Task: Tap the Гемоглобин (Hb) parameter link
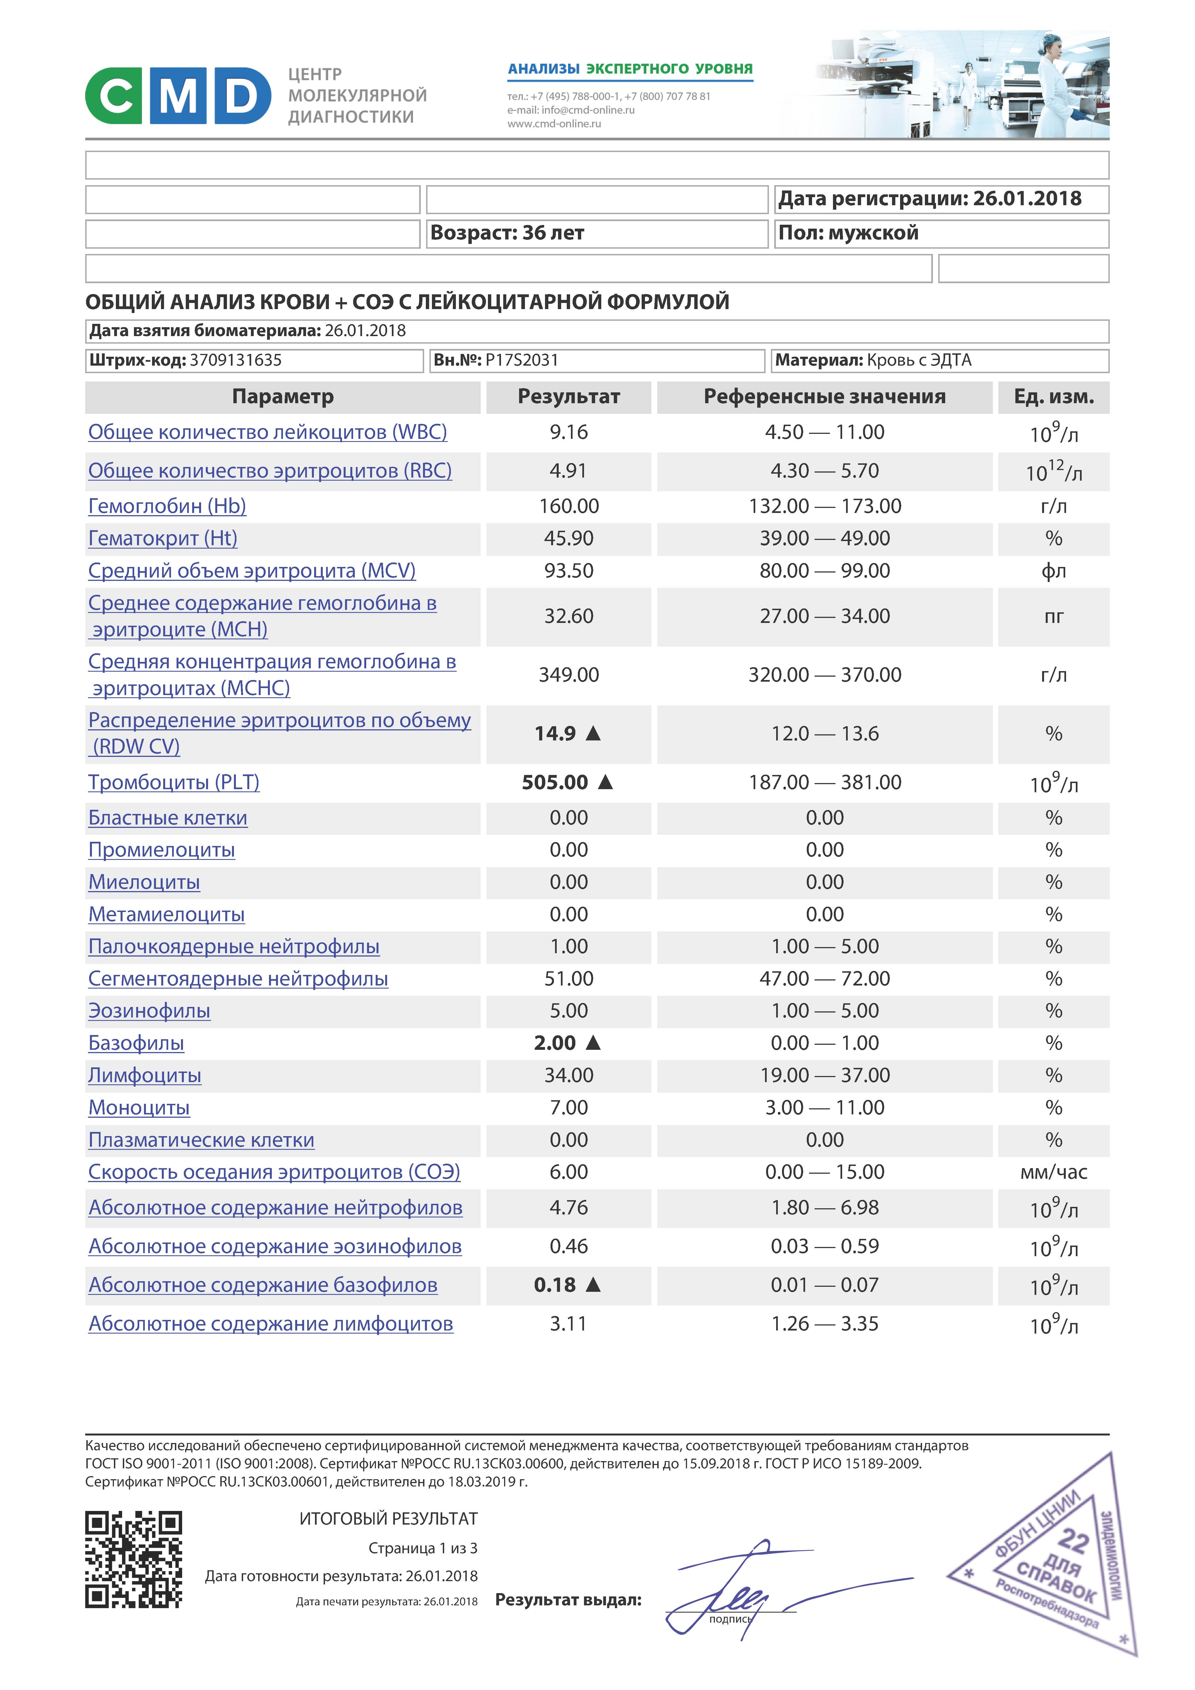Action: click(x=167, y=507)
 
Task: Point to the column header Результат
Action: click(x=568, y=397)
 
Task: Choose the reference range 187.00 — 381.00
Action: click(x=825, y=782)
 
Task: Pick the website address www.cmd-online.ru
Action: click(x=554, y=124)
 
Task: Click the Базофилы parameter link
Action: click(x=136, y=1043)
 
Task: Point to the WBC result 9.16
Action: click(x=568, y=432)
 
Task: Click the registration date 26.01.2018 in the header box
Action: click(x=1027, y=199)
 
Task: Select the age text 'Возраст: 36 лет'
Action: click(x=507, y=233)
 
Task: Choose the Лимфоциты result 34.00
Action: click(x=568, y=1075)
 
